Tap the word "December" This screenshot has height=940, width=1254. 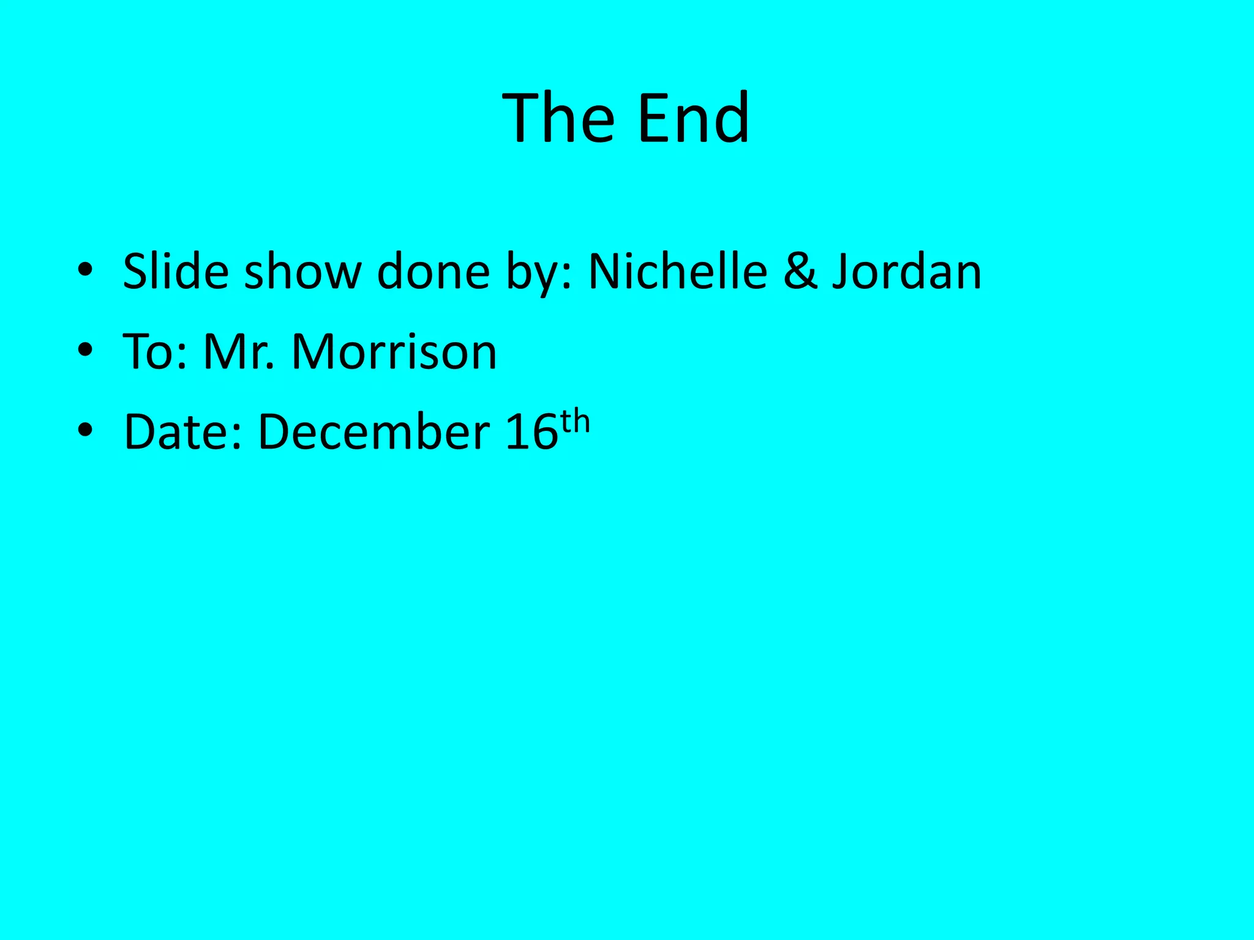pos(374,432)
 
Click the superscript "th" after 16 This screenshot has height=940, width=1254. pos(576,422)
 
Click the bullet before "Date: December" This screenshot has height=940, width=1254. pos(86,430)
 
